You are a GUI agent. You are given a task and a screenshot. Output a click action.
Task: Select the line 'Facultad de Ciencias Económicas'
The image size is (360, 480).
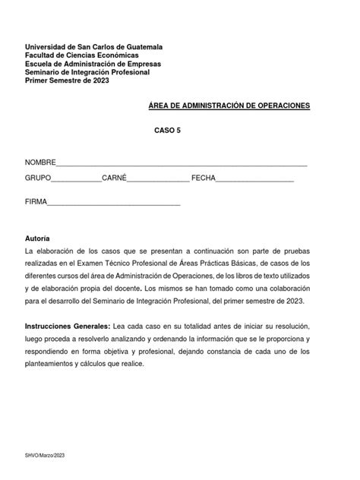pos(82,55)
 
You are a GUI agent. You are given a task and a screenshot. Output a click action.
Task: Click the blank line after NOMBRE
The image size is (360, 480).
pos(182,165)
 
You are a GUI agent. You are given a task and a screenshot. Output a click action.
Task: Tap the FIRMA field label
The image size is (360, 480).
pos(36,203)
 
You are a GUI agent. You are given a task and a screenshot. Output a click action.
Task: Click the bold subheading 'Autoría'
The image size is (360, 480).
pos(37,238)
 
